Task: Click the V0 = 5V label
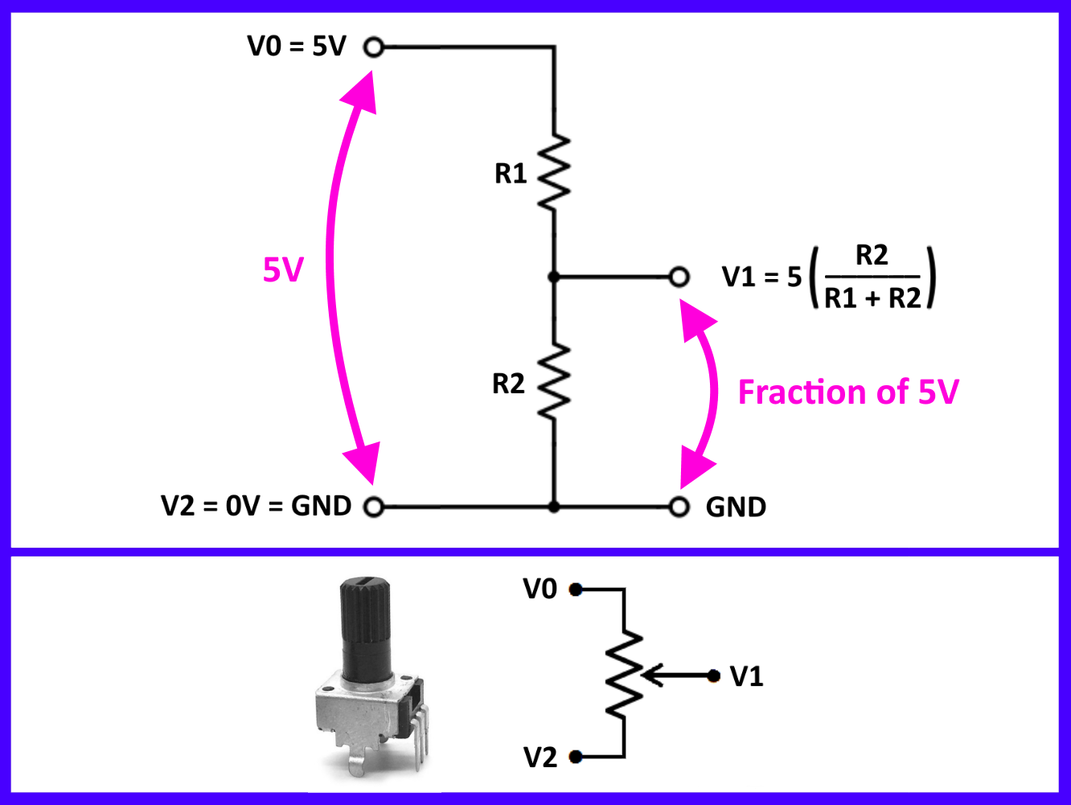click(x=296, y=47)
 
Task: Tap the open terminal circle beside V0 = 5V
click(x=373, y=47)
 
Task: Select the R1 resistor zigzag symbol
click(x=553, y=173)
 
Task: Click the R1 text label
click(x=511, y=173)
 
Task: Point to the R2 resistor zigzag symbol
click(x=553, y=381)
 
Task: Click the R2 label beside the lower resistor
click(x=508, y=384)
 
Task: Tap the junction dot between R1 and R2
click(x=553, y=277)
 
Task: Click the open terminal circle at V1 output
click(x=679, y=277)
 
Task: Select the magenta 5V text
click(x=283, y=270)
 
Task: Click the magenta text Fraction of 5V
click(x=848, y=392)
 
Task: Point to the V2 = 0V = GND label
click(x=256, y=506)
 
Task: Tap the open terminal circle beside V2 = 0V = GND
click(x=372, y=507)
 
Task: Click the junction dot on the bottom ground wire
click(x=553, y=507)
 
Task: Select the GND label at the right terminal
click(x=736, y=507)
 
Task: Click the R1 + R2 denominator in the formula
click(x=872, y=298)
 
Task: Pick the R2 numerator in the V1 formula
click(x=872, y=256)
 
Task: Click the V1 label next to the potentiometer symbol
click(x=746, y=676)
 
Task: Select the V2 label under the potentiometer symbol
click(x=540, y=757)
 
